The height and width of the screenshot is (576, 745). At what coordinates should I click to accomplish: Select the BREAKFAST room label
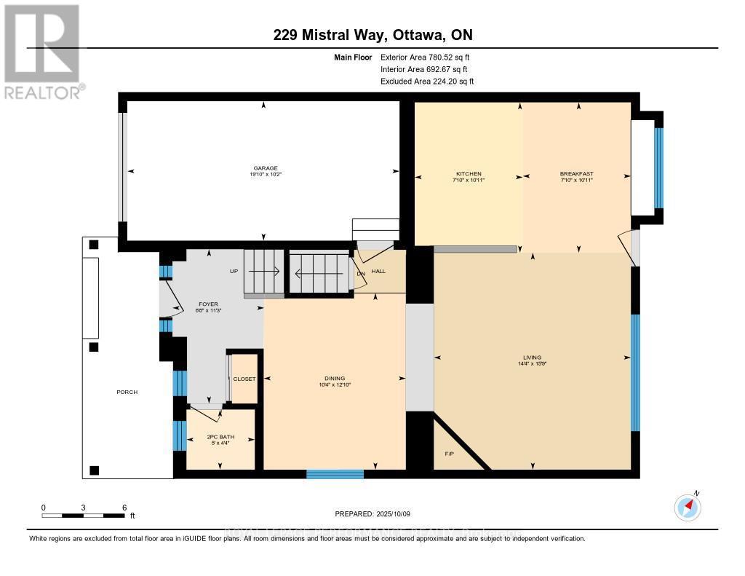(576, 174)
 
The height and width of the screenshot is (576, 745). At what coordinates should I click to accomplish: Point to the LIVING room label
(532, 358)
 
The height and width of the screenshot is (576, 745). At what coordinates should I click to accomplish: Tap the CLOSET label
(244, 379)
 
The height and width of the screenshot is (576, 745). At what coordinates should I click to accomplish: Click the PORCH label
(127, 392)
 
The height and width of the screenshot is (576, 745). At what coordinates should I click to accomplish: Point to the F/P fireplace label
(450, 454)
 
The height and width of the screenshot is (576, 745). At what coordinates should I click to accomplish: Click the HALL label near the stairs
(378, 272)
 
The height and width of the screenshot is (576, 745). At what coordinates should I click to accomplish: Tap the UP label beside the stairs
(234, 271)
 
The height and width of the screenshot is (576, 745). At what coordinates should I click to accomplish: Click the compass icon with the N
(688, 506)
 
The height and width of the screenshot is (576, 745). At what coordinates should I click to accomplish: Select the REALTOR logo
(43, 51)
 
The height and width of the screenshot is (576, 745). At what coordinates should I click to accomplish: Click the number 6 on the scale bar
(124, 508)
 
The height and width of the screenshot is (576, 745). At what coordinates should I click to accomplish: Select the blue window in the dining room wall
(335, 474)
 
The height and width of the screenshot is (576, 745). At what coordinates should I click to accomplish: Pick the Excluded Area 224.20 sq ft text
(426, 82)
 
